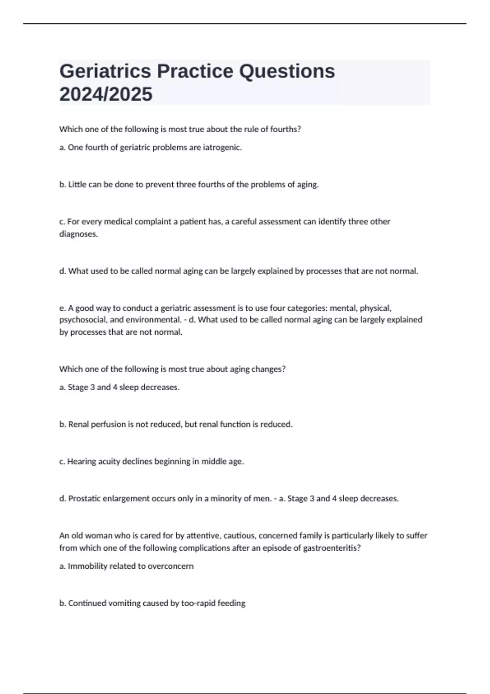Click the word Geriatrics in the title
(x=105, y=71)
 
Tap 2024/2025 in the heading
(x=106, y=94)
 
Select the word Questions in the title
(x=287, y=71)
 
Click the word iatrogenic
(x=223, y=147)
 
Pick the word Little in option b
(x=77, y=185)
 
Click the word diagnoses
(x=78, y=234)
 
